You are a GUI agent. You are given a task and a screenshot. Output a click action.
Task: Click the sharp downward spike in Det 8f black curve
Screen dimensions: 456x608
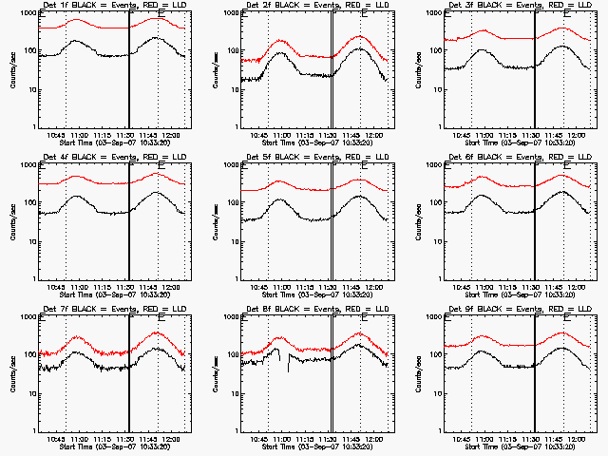coord(289,370)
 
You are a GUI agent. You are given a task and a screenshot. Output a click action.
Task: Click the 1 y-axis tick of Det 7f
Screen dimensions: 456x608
coord(36,431)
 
